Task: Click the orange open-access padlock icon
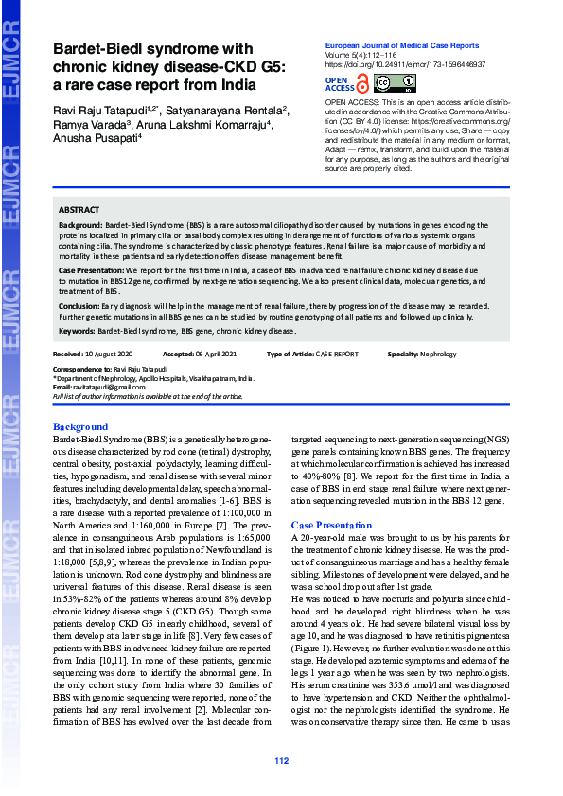coord(363,83)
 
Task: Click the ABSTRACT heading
coord(79,209)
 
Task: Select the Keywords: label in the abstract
coord(78,332)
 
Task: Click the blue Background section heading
coord(80,427)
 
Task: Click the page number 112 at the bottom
coord(281,761)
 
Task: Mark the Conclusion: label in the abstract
coord(79,306)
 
